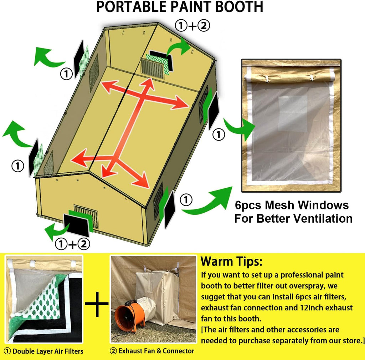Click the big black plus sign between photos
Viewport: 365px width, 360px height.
(97, 304)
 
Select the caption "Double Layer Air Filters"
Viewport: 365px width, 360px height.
(48, 351)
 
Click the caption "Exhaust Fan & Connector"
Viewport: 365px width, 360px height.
(156, 351)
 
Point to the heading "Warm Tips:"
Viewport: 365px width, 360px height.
(231, 261)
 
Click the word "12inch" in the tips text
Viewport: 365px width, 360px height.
(310, 308)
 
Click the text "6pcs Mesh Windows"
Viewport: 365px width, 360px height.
(292, 205)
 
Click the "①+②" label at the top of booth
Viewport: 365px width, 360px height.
(192, 26)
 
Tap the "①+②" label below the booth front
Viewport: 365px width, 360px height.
(72, 244)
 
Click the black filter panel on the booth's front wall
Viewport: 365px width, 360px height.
(77, 225)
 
